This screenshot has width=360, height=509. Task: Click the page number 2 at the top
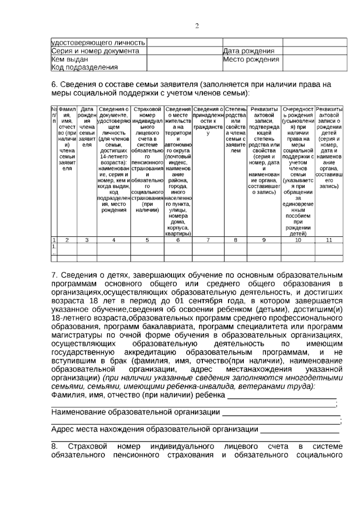pos(197,26)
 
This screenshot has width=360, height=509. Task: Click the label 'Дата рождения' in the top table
pos(249,51)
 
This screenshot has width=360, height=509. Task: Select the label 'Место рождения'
pos(251,59)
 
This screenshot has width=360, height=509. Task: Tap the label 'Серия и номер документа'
pos(95,51)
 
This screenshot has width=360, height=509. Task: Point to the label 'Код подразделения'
pos(85,67)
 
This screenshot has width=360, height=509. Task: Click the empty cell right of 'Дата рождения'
pos(315,51)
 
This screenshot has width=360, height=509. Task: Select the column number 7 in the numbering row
pos(208,240)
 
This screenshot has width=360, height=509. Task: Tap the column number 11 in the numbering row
pos(329,240)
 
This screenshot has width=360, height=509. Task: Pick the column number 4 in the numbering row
pos(114,240)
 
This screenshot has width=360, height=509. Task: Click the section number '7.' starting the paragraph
pos(55,275)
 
